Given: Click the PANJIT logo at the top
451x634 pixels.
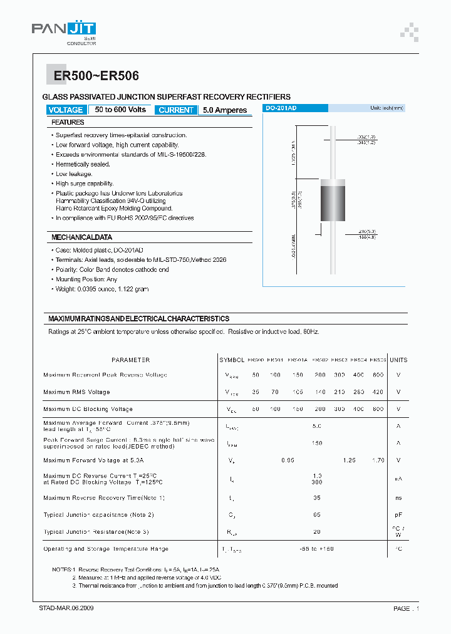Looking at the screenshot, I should point(64,29).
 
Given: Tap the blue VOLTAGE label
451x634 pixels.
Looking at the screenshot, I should point(65,110).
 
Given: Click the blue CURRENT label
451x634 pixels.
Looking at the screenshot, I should point(176,110).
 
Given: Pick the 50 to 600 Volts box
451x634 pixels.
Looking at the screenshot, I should point(121,110).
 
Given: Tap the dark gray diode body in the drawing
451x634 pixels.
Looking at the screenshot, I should point(333,200).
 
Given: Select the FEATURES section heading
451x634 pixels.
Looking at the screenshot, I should point(68,122).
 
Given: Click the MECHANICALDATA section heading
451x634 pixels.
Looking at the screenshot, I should point(81,237).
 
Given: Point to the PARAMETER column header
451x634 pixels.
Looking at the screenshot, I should point(130,360).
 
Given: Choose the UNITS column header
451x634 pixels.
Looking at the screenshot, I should point(398,360).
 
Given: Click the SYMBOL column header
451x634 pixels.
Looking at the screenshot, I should point(231,360).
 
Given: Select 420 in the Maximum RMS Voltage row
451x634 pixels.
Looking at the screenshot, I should point(378,392).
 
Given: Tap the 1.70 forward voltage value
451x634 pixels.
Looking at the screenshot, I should point(378,460).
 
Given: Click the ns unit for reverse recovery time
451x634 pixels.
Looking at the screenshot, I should point(398,498).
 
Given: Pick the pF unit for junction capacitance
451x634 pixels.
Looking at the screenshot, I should point(398,515).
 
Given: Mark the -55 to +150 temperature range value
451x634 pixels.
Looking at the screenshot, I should point(317,549).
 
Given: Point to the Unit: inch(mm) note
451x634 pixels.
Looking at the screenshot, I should point(386,108).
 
